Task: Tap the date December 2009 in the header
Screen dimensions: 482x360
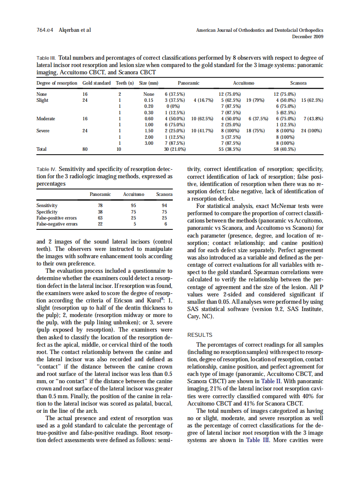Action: [308, 37]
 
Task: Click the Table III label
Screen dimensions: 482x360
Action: [46, 58]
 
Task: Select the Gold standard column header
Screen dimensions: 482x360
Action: [96, 83]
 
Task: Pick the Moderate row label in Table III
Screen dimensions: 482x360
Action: [46, 119]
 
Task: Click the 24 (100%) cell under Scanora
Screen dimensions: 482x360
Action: [312, 131]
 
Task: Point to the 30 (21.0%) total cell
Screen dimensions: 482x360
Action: [175, 149]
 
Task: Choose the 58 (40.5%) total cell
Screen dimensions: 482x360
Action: [284, 149]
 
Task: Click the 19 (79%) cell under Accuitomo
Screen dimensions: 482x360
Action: [255, 100]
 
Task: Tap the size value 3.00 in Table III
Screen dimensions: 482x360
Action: [149, 143]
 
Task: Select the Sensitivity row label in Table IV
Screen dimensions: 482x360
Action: [47, 205]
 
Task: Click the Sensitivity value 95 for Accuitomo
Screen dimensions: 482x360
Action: [134, 205]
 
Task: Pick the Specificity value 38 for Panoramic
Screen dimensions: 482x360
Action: [100, 212]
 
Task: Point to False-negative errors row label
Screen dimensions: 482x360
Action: [57, 224]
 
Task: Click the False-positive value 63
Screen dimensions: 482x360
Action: [100, 218]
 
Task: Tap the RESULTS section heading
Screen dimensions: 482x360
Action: [200, 335]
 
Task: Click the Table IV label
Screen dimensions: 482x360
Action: [46, 169]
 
